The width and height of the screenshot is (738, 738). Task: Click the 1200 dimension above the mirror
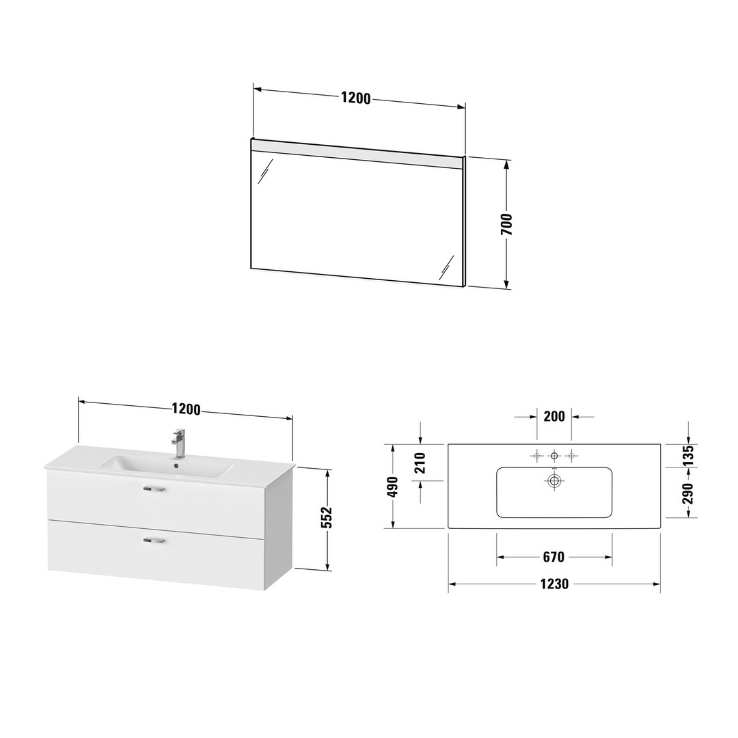(356, 98)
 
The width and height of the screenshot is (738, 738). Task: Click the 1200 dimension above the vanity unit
(187, 409)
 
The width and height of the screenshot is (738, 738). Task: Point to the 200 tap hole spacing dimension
(554, 416)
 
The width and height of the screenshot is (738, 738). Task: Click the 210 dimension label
(420, 463)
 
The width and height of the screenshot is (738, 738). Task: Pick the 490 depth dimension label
(392, 487)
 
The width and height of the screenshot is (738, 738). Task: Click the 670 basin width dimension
(553, 557)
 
